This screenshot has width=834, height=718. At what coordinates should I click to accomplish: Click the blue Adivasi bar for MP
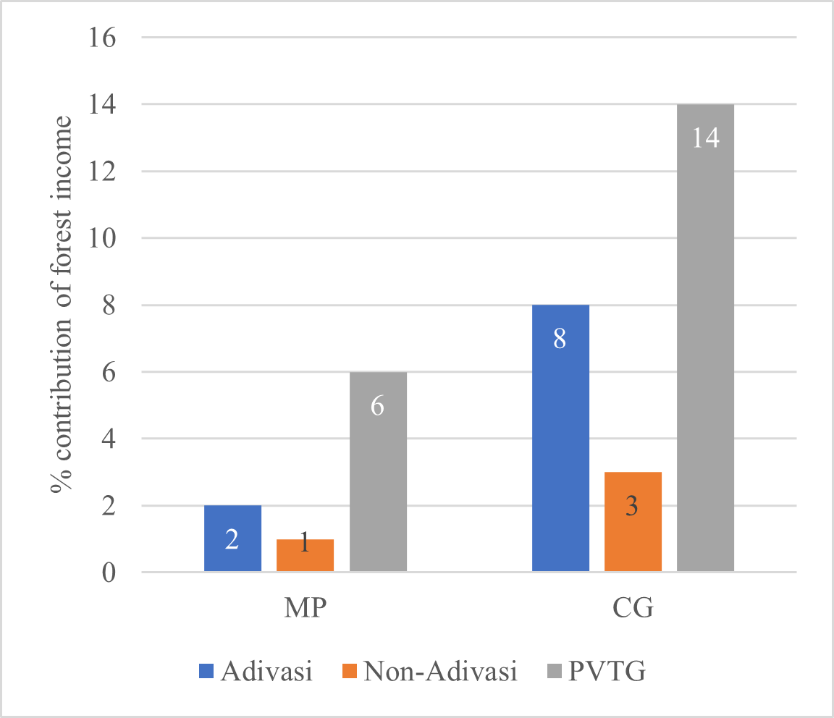(x=232, y=538)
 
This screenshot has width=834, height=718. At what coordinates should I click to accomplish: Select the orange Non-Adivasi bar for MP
(x=305, y=555)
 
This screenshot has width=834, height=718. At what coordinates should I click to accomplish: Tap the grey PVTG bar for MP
(x=377, y=472)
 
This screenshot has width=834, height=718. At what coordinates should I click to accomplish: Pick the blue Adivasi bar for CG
(x=560, y=439)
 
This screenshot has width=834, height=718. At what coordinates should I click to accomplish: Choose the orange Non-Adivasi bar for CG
(x=633, y=522)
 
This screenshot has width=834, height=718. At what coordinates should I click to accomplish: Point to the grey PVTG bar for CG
(x=705, y=338)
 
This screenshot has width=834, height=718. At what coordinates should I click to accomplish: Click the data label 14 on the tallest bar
(x=705, y=138)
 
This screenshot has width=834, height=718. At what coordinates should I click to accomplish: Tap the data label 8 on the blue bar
(x=560, y=339)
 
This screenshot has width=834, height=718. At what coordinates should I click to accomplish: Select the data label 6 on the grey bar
(x=377, y=406)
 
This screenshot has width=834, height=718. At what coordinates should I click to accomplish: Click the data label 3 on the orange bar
(x=632, y=507)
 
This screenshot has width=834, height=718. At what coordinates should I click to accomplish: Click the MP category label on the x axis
(x=305, y=608)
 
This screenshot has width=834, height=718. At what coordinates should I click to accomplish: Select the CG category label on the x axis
(x=633, y=608)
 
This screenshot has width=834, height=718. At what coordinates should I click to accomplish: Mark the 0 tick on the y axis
(x=109, y=573)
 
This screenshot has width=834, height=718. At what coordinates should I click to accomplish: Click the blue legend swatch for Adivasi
(x=206, y=672)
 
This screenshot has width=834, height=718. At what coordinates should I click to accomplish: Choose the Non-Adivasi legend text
(x=441, y=672)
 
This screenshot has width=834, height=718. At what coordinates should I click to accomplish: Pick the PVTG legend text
(x=607, y=672)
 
